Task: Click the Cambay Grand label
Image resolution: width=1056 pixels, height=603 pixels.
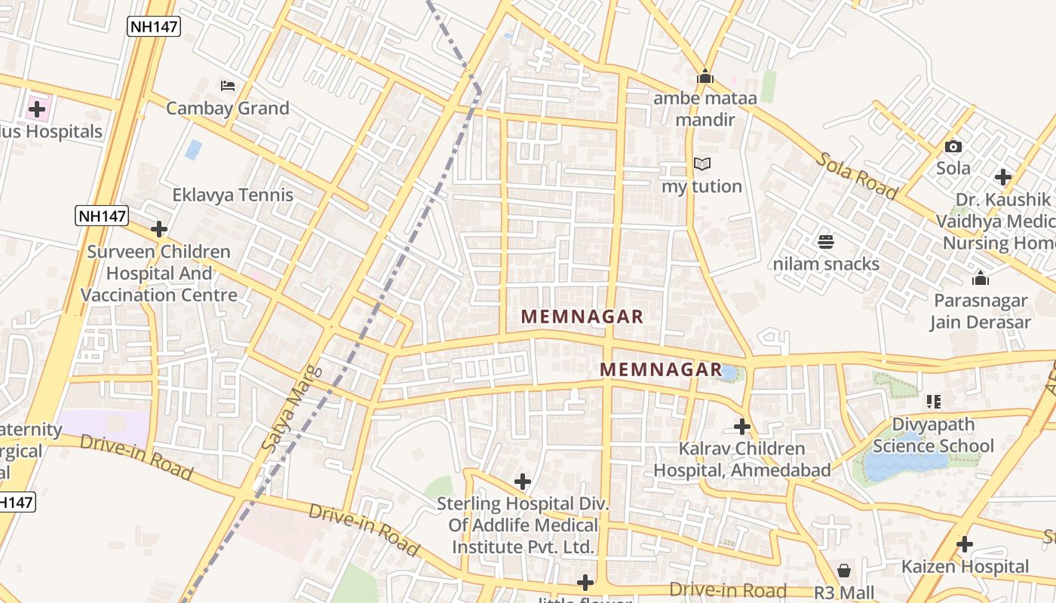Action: (x=227, y=109)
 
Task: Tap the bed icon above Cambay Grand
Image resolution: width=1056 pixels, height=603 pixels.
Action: (x=228, y=85)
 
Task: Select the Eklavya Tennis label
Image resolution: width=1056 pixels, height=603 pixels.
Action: (x=232, y=195)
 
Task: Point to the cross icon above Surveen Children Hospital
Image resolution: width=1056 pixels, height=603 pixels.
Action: (x=159, y=228)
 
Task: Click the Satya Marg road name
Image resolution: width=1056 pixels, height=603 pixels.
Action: (x=291, y=409)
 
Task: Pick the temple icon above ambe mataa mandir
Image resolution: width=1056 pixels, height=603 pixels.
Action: (x=705, y=76)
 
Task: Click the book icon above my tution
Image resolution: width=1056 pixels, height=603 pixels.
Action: (x=702, y=164)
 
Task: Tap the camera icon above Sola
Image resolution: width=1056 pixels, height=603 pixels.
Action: (x=953, y=146)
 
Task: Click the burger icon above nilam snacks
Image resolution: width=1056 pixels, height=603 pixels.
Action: (x=826, y=242)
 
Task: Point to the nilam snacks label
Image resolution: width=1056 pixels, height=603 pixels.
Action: (x=826, y=265)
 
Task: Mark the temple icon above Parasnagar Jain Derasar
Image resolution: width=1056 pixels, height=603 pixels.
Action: (x=981, y=278)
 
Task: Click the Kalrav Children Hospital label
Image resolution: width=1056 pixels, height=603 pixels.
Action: (x=742, y=459)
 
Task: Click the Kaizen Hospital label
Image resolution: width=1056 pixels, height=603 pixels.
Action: (x=965, y=567)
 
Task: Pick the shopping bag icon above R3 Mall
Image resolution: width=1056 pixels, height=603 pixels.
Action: (x=844, y=571)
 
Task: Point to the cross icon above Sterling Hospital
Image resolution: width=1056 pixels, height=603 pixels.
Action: (x=523, y=481)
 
